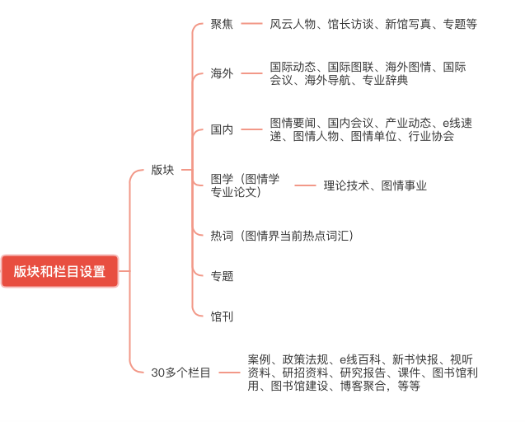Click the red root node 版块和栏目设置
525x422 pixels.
pyautogui.click(x=60, y=271)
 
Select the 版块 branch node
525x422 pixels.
pyautogui.click(x=162, y=170)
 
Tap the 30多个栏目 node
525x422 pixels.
pyautogui.click(x=180, y=373)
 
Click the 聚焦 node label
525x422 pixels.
pyautogui.click(x=222, y=24)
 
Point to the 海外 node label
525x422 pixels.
pyautogui.click(x=222, y=73)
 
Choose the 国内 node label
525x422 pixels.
pyautogui.click(x=222, y=129)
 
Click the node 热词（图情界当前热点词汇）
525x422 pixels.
pyautogui.click(x=282, y=236)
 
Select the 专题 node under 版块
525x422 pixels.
pyautogui.click(x=222, y=276)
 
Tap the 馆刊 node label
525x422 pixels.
pyautogui.click(x=222, y=316)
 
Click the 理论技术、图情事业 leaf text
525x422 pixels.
pyautogui.click(x=375, y=185)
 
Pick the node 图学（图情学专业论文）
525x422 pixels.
pyautogui.click(x=245, y=185)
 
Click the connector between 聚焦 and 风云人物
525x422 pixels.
pyautogui.click(x=251, y=23)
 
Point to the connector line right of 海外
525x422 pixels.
pyautogui.click(x=251, y=73)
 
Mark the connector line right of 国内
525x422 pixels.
pyautogui.click(x=251, y=129)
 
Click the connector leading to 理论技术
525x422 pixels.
pyautogui.click(x=305, y=185)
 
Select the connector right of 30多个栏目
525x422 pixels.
pyautogui.click(x=229, y=373)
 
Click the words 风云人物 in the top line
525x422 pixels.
pyautogui.click(x=293, y=24)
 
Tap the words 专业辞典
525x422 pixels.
pyautogui.click(x=386, y=80)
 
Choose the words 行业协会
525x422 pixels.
pyautogui.click(x=431, y=136)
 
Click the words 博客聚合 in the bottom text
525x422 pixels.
pyautogui.click(x=363, y=386)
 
